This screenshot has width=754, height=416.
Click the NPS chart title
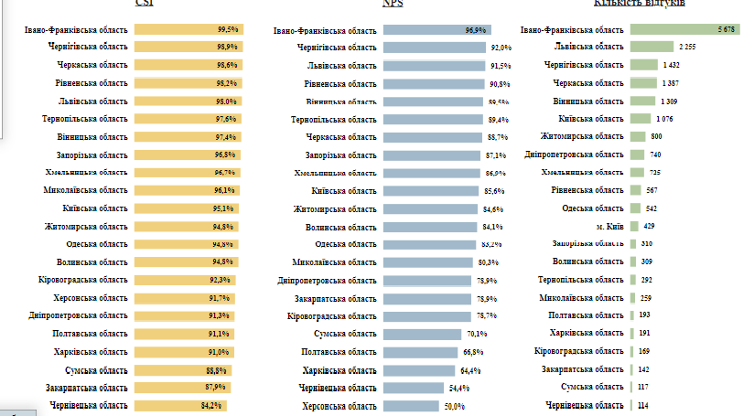393,4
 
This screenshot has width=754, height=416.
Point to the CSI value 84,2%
212,405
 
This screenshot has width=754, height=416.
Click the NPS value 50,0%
455,407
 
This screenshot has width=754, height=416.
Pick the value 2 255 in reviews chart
688,47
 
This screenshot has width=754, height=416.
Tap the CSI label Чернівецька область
89,405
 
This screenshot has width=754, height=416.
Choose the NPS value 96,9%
475,30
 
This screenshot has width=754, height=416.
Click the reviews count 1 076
664,118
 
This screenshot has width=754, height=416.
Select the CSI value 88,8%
216,369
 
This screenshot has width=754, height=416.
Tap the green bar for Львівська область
651,47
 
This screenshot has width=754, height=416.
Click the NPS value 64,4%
470,370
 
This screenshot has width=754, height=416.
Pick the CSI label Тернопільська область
84,119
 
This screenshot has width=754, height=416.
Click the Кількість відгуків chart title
640,4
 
